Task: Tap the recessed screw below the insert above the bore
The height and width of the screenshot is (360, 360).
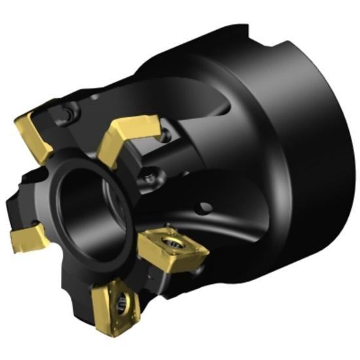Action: coord(151,175)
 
